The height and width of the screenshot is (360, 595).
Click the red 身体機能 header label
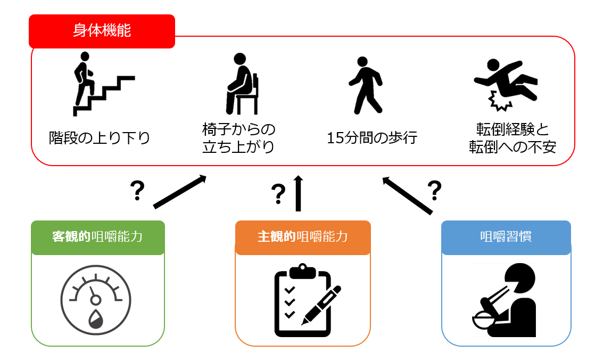point(102,31)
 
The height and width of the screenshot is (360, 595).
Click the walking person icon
point(366,85)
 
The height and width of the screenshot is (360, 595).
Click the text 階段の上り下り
point(100,138)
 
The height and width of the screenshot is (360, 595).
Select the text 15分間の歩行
point(372,138)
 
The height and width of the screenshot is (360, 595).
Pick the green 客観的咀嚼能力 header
point(98,237)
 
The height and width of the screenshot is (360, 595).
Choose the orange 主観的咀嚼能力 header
point(303,237)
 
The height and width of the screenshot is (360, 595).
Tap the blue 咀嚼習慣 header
point(506,237)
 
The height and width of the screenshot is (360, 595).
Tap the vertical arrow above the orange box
point(298,193)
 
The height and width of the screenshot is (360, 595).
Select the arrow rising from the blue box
point(407,195)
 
